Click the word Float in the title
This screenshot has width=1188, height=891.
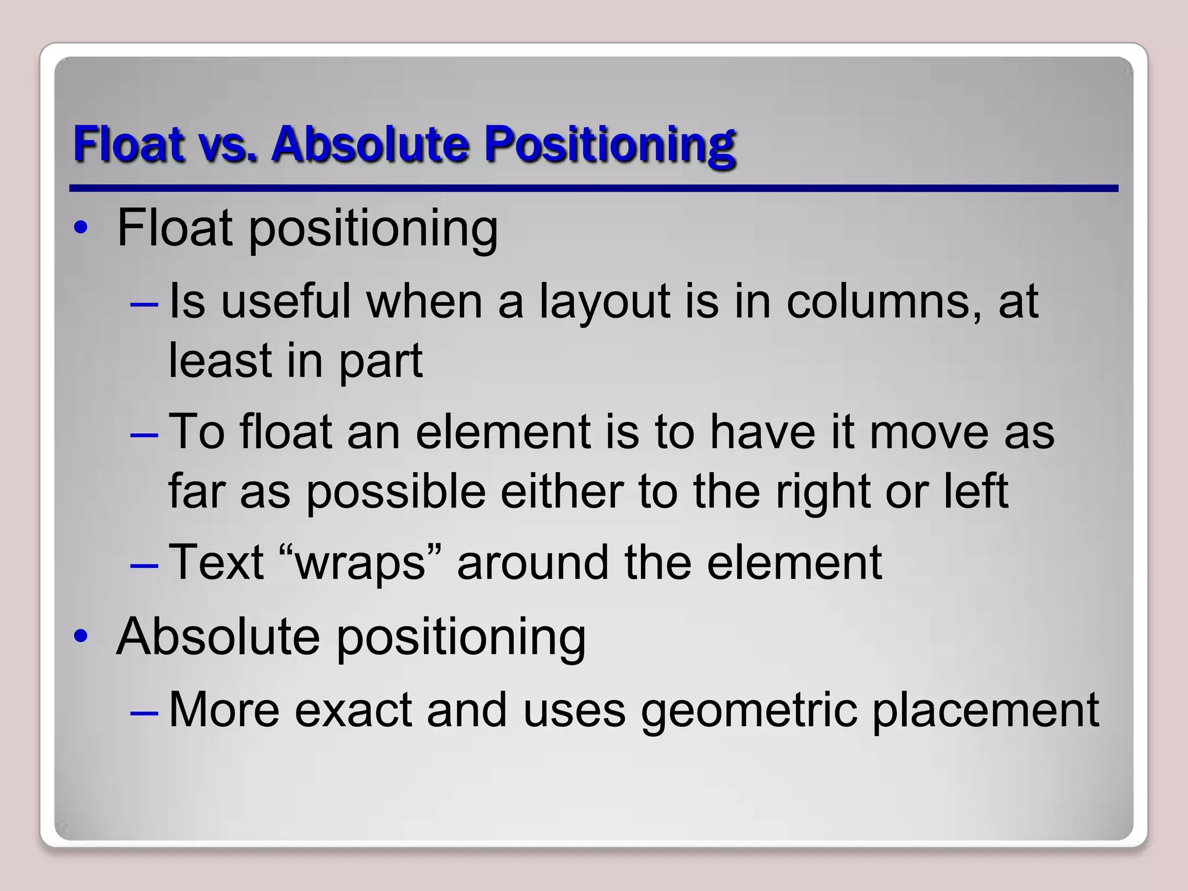tap(129, 144)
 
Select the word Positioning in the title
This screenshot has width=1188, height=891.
tap(610, 144)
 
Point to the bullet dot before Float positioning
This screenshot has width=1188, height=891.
tap(81, 228)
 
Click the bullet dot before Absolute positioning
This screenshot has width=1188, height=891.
tap(81, 637)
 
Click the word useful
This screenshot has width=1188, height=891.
tap(286, 301)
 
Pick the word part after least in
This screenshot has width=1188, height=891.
tap(381, 361)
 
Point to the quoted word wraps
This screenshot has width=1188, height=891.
tap(360, 563)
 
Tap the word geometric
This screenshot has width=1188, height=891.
tap(748, 710)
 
